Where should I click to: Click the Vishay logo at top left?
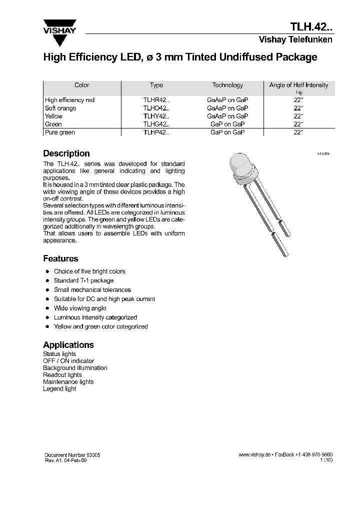click(x=59, y=26)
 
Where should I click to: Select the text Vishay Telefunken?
click(x=295, y=40)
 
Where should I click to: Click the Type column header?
click(x=156, y=85)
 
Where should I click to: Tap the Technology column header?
click(x=227, y=85)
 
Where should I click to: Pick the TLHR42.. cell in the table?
click(x=156, y=100)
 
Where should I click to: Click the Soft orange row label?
click(x=60, y=108)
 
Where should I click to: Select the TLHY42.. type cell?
click(x=156, y=116)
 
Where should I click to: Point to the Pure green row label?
click(x=59, y=132)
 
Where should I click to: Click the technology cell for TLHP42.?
click(x=227, y=132)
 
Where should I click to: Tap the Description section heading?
click(x=66, y=153)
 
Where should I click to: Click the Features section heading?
click(x=60, y=258)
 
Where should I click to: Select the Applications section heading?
click(x=68, y=345)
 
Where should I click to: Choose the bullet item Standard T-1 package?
click(x=83, y=280)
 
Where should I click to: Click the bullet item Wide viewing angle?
click(x=80, y=308)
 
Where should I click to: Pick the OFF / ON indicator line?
click(x=68, y=361)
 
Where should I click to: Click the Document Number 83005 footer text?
click(x=72, y=455)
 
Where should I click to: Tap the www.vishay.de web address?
click(x=254, y=455)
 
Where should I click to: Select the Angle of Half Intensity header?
click(x=298, y=85)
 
